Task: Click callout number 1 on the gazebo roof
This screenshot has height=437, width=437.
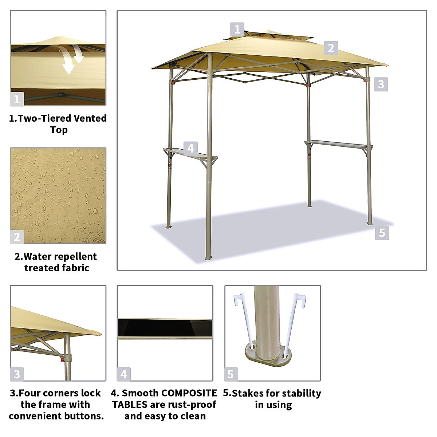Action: (x=237, y=29)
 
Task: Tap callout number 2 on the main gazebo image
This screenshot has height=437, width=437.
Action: (x=331, y=48)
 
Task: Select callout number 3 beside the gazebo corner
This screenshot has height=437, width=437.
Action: (x=381, y=84)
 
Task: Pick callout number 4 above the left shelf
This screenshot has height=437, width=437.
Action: (x=190, y=149)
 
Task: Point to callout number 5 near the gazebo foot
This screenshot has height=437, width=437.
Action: (x=382, y=233)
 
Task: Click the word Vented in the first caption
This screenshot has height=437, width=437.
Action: (x=90, y=118)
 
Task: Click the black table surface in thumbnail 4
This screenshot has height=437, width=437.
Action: (x=165, y=328)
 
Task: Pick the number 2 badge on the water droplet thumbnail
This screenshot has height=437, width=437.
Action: (x=17, y=237)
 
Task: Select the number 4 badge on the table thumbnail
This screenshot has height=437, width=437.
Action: (x=124, y=374)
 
